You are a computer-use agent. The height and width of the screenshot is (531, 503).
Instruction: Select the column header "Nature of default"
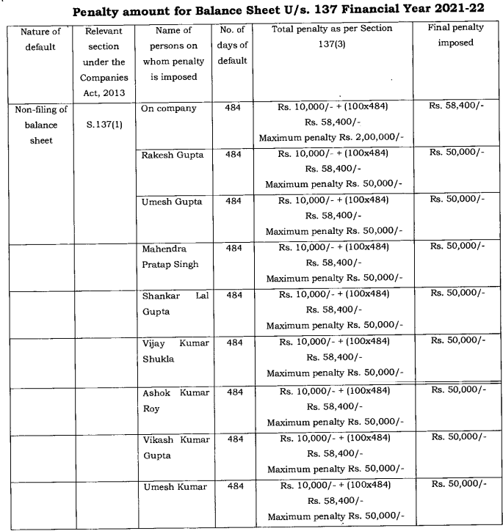[x=41, y=39]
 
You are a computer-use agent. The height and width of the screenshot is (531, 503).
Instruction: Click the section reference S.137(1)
[x=104, y=124]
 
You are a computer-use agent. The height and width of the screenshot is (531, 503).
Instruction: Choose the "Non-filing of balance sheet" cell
[x=41, y=125]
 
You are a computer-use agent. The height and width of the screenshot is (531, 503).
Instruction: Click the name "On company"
[x=170, y=109]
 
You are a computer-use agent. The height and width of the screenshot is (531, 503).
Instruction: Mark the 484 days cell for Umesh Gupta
[x=234, y=200]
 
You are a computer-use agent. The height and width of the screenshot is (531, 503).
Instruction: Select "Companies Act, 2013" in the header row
[x=104, y=84]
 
